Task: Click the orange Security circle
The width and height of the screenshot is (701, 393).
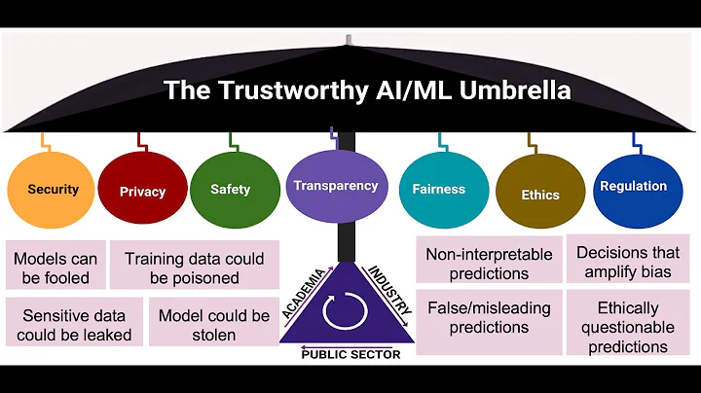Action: point(54,189)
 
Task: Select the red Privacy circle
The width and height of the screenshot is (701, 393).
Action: point(142,191)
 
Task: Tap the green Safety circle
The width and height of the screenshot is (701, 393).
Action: point(230,189)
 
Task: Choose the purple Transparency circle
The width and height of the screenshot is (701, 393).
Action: point(334,185)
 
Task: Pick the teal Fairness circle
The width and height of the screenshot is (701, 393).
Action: point(438,189)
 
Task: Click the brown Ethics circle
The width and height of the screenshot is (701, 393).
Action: point(540,194)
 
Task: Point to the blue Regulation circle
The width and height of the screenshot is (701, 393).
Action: point(633,187)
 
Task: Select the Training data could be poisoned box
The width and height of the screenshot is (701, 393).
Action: point(195,268)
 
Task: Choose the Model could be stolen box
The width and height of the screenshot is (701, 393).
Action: point(214,325)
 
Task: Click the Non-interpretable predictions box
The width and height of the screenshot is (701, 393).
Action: point(489,263)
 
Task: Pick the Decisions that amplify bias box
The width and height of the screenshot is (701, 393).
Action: point(628,262)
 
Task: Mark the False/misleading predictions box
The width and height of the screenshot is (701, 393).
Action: point(489,316)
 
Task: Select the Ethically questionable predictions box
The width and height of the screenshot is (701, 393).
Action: point(628,326)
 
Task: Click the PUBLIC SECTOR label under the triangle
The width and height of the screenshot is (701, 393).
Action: point(350,354)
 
